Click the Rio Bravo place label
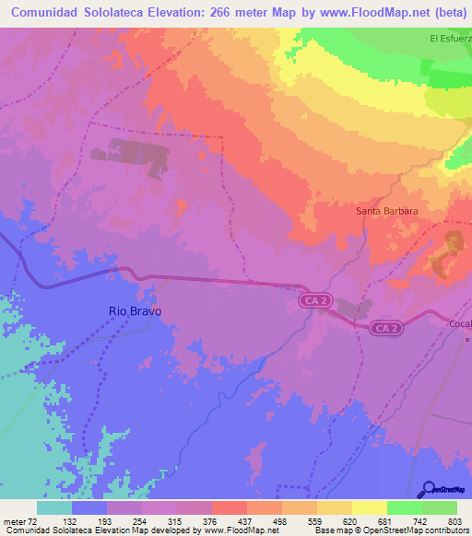(x=135, y=311)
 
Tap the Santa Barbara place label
(x=387, y=211)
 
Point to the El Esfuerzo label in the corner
(x=450, y=39)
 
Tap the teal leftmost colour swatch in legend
(x=54, y=507)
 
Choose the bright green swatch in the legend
(x=404, y=507)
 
